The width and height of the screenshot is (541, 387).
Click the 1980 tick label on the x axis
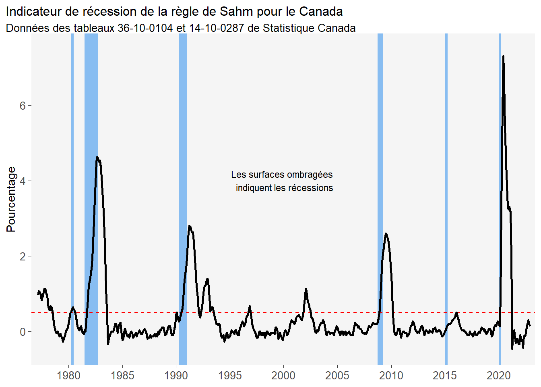pyautogui.click(x=68, y=376)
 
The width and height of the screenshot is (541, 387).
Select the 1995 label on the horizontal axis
pyautogui.click(x=230, y=376)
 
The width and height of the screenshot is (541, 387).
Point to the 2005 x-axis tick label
pyautogui.click(x=337, y=376)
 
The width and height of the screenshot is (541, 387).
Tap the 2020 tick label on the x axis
pyautogui.click(x=499, y=376)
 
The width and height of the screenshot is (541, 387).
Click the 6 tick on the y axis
pyautogui.click(x=23, y=106)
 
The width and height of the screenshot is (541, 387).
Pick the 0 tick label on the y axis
pyautogui.click(x=23, y=332)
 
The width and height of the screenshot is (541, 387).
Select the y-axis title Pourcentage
pyautogui.click(x=11, y=199)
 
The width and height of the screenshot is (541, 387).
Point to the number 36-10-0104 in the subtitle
pyautogui.click(x=145, y=28)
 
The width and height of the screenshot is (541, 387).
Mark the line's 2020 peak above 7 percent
pyautogui.click(x=503, y=56)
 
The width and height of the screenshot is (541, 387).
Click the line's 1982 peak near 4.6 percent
pyautogui.click(x=97, y=157)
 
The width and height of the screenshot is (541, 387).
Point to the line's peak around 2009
pyautogui.click(x=386, y=234)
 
